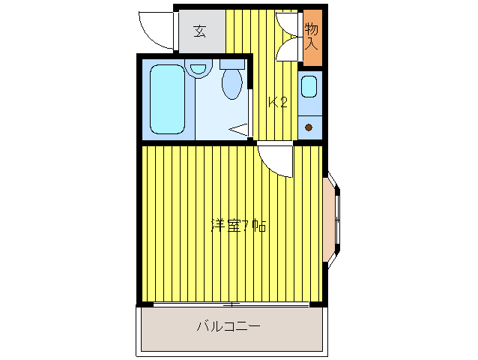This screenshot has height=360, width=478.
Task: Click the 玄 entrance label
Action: click(200, 31)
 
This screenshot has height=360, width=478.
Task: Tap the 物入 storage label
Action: click(312, 36)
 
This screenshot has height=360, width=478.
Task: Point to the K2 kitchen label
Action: click(278, 102)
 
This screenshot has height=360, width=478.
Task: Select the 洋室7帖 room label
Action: click(238, 226)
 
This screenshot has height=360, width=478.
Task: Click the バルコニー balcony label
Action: click(229, 326)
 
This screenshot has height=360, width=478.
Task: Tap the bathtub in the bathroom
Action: click(167, 99)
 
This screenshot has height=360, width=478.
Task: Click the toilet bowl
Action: click(232, 83)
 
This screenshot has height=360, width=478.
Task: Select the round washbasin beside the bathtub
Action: click(199, 68)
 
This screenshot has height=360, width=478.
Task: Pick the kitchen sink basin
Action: click(309, 87)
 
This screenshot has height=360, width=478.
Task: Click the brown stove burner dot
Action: click(309, 127)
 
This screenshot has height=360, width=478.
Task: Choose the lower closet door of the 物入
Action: click(287, 49)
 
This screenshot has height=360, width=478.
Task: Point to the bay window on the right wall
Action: click(332, 220)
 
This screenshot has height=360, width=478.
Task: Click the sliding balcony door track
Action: click(231, 304)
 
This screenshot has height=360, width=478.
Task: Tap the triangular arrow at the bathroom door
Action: click(238, 130)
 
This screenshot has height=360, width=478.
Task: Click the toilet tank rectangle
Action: click(232, 64)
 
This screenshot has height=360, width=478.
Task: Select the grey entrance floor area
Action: click(202, 31)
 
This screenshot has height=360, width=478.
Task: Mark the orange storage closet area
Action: click(312, 37)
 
